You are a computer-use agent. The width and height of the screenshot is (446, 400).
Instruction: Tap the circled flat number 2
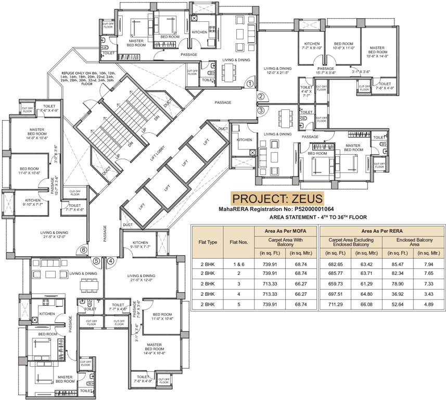(x=261, y=96)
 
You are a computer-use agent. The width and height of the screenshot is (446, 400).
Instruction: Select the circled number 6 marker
(x=83, y=249)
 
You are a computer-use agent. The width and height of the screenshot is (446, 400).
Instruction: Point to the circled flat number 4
(x=110, y=261)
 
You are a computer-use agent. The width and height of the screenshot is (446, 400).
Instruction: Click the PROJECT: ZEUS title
(x=277, y=199)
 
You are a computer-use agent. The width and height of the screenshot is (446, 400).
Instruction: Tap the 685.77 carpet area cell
(x=335, y=273)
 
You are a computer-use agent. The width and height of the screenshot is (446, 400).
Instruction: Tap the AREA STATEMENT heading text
(x=318, y=217)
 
